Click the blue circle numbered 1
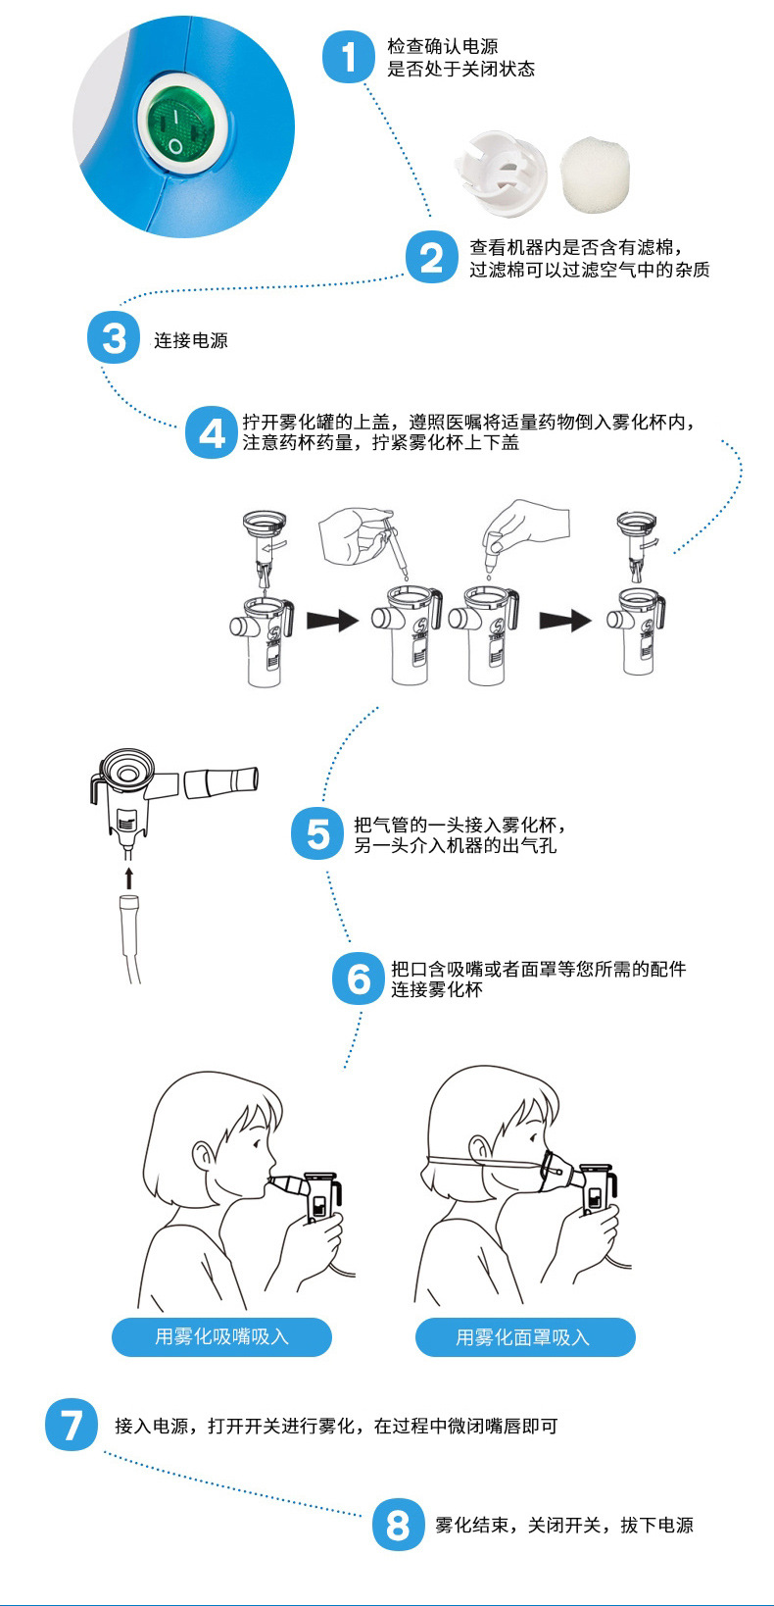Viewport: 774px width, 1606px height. point(349,57)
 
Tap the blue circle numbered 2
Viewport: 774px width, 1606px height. point(431,258)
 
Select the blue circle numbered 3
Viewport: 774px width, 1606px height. point(114,337)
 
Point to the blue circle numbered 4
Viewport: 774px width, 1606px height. point(212,432)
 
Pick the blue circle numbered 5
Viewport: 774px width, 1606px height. point(317,833)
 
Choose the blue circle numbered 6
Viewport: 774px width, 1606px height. point(359,979)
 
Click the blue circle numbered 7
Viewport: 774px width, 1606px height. point(72,1425)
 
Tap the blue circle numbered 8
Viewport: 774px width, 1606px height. point(399,1525)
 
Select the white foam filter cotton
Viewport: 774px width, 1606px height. point(597,175)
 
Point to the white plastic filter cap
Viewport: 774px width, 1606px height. point(501,173)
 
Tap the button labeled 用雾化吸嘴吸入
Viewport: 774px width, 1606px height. point(221,1336)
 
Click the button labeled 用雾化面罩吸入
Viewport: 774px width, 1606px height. point(525,1336)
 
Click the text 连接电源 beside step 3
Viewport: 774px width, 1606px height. point(191,340)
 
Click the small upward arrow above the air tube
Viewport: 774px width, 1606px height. point(129,878)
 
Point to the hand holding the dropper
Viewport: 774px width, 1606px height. point(351,534)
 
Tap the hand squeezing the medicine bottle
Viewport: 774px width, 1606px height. point(527,522)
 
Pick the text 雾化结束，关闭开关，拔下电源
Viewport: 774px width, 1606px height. point(564,1525)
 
